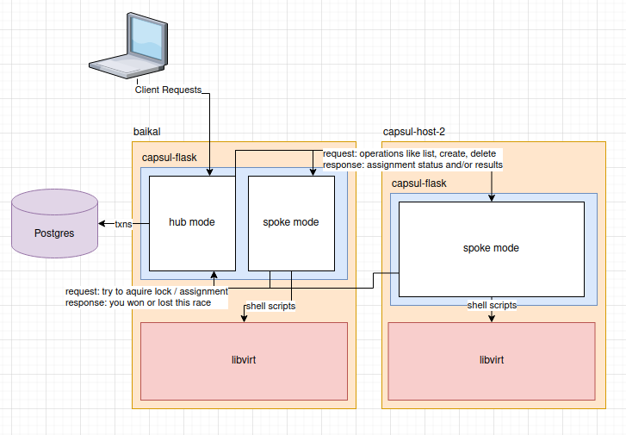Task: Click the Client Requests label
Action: pyautogui.click(x=168, y=90)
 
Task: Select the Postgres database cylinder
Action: pyautogui.click(x=53, y=227)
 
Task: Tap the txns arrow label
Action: pyautogui.click(x=123, y=223)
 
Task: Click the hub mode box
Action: pyautogui.click(x=192, y=222)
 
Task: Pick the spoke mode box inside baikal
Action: pyautogui.click(x=291, y=222)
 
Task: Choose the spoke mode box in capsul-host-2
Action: pyautogui.click(x=491, y=248)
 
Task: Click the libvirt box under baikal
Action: pyautogui.click(x=244, y=359)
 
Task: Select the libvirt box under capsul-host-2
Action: pyautogui.click(x=491, y=359)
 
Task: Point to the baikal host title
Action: pyautogui.click(x=147, y=131)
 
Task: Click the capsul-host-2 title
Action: pyautogui.click(x=413, y=131)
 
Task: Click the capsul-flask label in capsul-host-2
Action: pyautogui.click(x=419, y=183)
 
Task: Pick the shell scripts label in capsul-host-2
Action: pyautogui.click(x=492, y=305)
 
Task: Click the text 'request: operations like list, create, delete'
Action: pyautogui.click(x=409, y=153)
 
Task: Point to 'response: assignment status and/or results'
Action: pyautogui.click(x=412, y=165)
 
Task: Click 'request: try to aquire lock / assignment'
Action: pyautogui.click(x=146, y=291)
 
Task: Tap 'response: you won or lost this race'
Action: pyautogui.click(x=146, y=303)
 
